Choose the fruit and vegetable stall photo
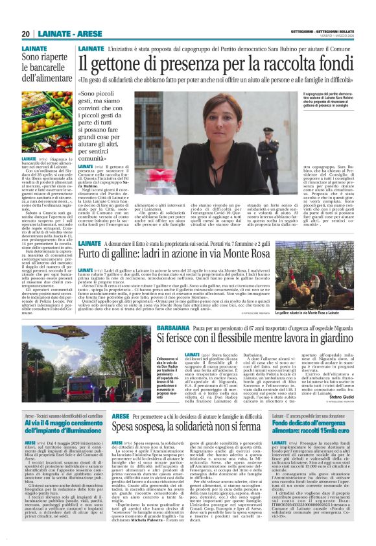click(x=47, y=123)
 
